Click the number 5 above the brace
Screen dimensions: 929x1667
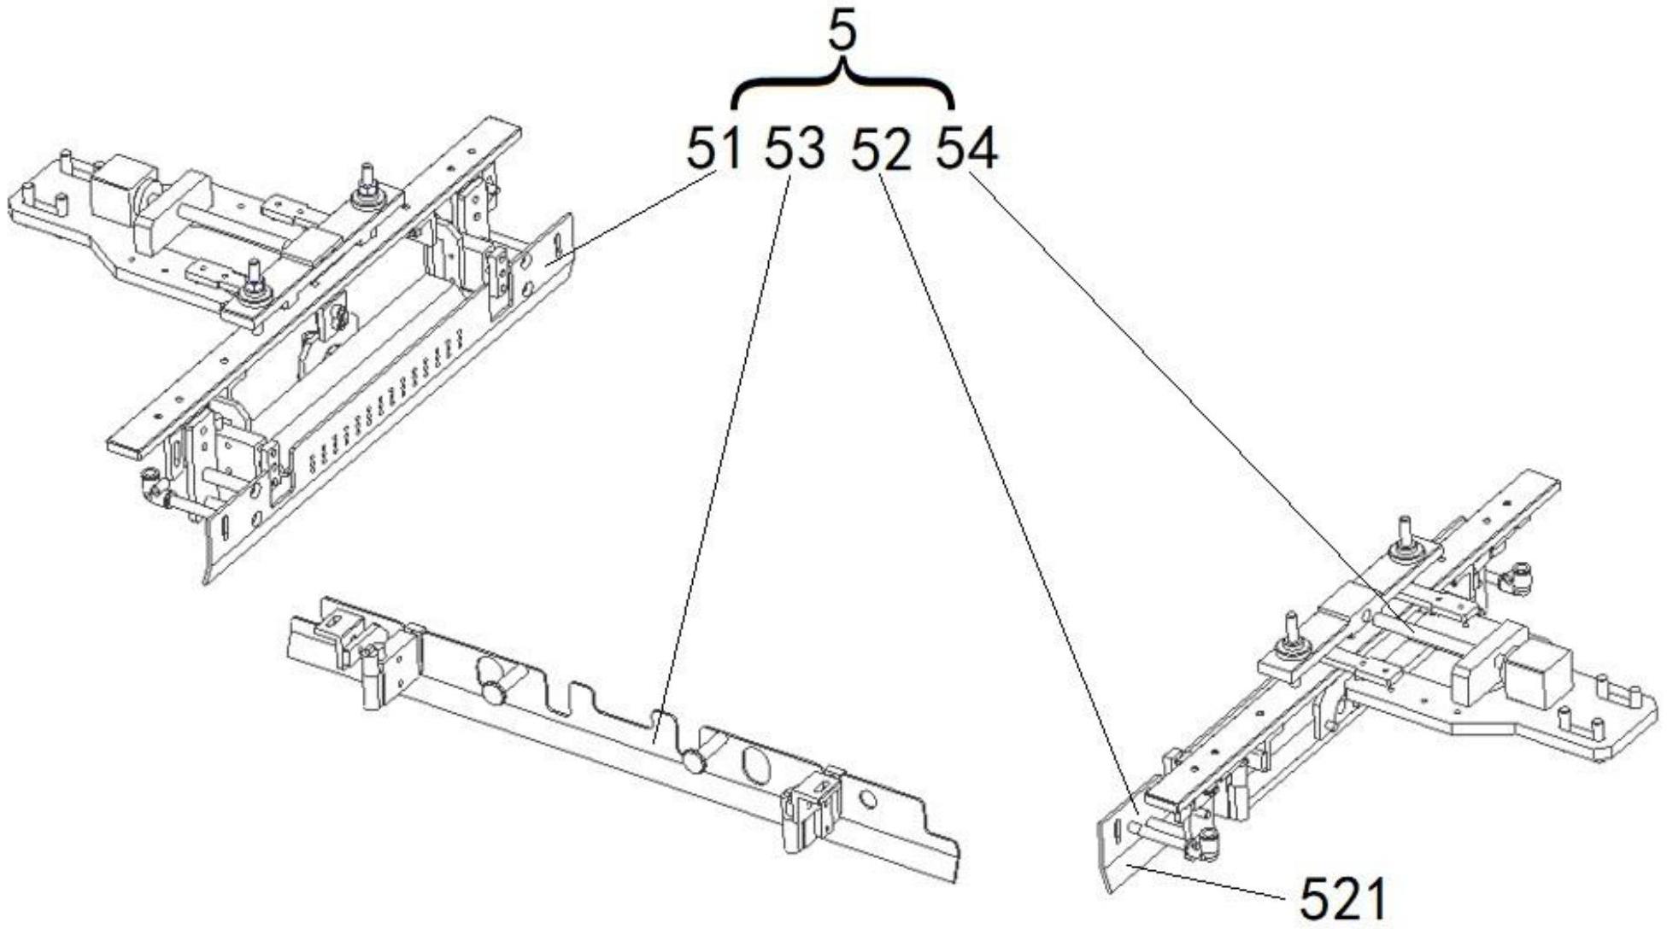tap(842, 34)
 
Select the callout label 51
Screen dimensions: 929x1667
tap(713, 149)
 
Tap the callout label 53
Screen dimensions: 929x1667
tap(795, 149)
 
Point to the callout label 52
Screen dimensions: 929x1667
tap(881, 150)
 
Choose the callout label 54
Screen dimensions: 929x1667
tap(967, 149)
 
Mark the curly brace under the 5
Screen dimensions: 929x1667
tap(842, 85)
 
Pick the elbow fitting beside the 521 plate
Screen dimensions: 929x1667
tap(1206, 844)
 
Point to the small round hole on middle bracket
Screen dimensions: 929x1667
tap(868, 799)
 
